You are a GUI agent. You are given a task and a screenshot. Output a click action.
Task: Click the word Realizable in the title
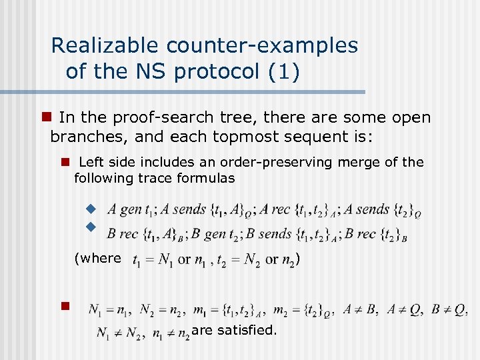tap(105, 45)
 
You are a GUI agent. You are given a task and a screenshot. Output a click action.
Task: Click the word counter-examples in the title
tap(262, 45)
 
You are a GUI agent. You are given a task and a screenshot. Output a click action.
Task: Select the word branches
tap(85, 138)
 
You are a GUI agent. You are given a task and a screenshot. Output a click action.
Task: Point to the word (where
tap(98, 258)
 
